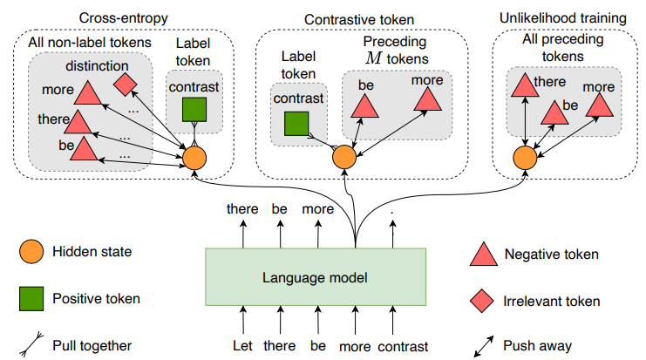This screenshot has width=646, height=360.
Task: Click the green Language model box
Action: point(316,277)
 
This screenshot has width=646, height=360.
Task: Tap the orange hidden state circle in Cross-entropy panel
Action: point(194,158)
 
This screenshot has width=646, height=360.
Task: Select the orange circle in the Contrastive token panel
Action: point(344,157)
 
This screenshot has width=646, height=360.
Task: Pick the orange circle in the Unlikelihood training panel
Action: point(526,158)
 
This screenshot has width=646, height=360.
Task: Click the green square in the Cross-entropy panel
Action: point(194,110)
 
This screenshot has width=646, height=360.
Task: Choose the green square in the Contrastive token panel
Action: point(296,124)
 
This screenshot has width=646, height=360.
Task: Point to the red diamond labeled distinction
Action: point(125,85)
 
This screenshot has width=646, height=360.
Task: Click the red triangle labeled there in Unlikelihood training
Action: point(525,85)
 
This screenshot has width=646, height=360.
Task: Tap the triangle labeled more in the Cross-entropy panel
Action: point(88,92)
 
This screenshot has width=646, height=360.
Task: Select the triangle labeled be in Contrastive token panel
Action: point(364,106)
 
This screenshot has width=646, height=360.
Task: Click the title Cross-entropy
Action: point(124,18)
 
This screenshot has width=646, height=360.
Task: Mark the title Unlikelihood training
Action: point(563,18)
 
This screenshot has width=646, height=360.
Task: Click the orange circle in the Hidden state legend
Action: point(31,251)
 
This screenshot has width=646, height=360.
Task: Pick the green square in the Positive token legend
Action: point(31,299)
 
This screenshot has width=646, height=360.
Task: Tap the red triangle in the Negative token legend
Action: point(484,255)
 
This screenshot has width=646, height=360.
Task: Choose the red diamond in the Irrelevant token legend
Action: point(481,301)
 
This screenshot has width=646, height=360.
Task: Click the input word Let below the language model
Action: point(242,345)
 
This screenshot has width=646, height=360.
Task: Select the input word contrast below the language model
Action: point(403,346)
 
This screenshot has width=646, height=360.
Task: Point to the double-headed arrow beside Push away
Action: point(484,346)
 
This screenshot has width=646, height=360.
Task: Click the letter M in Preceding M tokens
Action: point(373,58)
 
